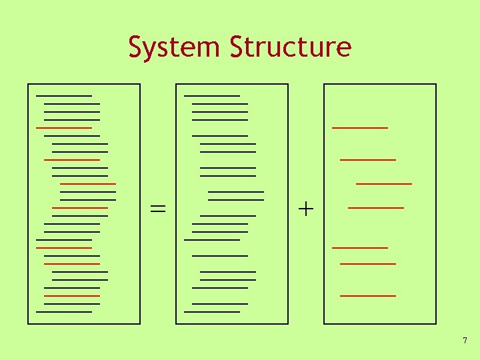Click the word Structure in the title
[290, 47]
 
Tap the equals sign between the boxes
[158, 208]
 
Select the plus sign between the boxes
[306, 209]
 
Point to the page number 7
[465, 341]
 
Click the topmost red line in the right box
[360, 127]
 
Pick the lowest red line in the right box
[368, 295]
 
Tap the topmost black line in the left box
[64, 96]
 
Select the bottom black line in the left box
[64, 311]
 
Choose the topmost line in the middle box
[212, 96]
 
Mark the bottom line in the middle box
[212, 311]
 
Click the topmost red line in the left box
[64, 127]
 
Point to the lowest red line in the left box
[72, 295]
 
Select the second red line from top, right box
[368, 160]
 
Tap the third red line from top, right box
[384, 183]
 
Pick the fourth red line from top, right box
[376, 208]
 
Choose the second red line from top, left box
[72, 160]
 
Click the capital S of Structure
[236, 47]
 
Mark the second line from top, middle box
[220, 104]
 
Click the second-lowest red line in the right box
[368, 264]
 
